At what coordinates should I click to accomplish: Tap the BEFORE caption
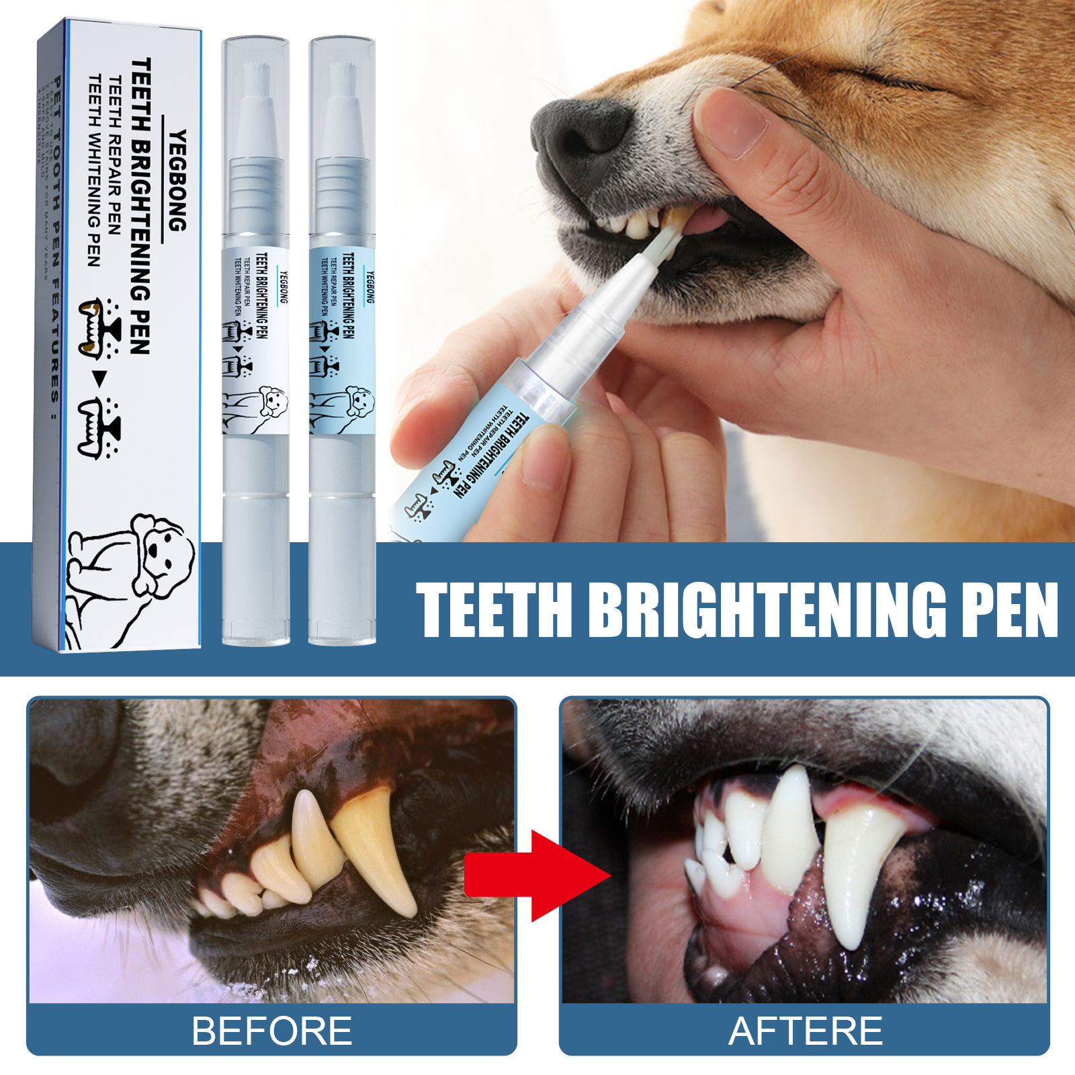click(x=271, y=1031)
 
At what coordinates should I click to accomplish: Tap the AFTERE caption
click(x=805, y=1031)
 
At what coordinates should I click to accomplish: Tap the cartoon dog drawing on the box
click(x=134, y=578)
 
